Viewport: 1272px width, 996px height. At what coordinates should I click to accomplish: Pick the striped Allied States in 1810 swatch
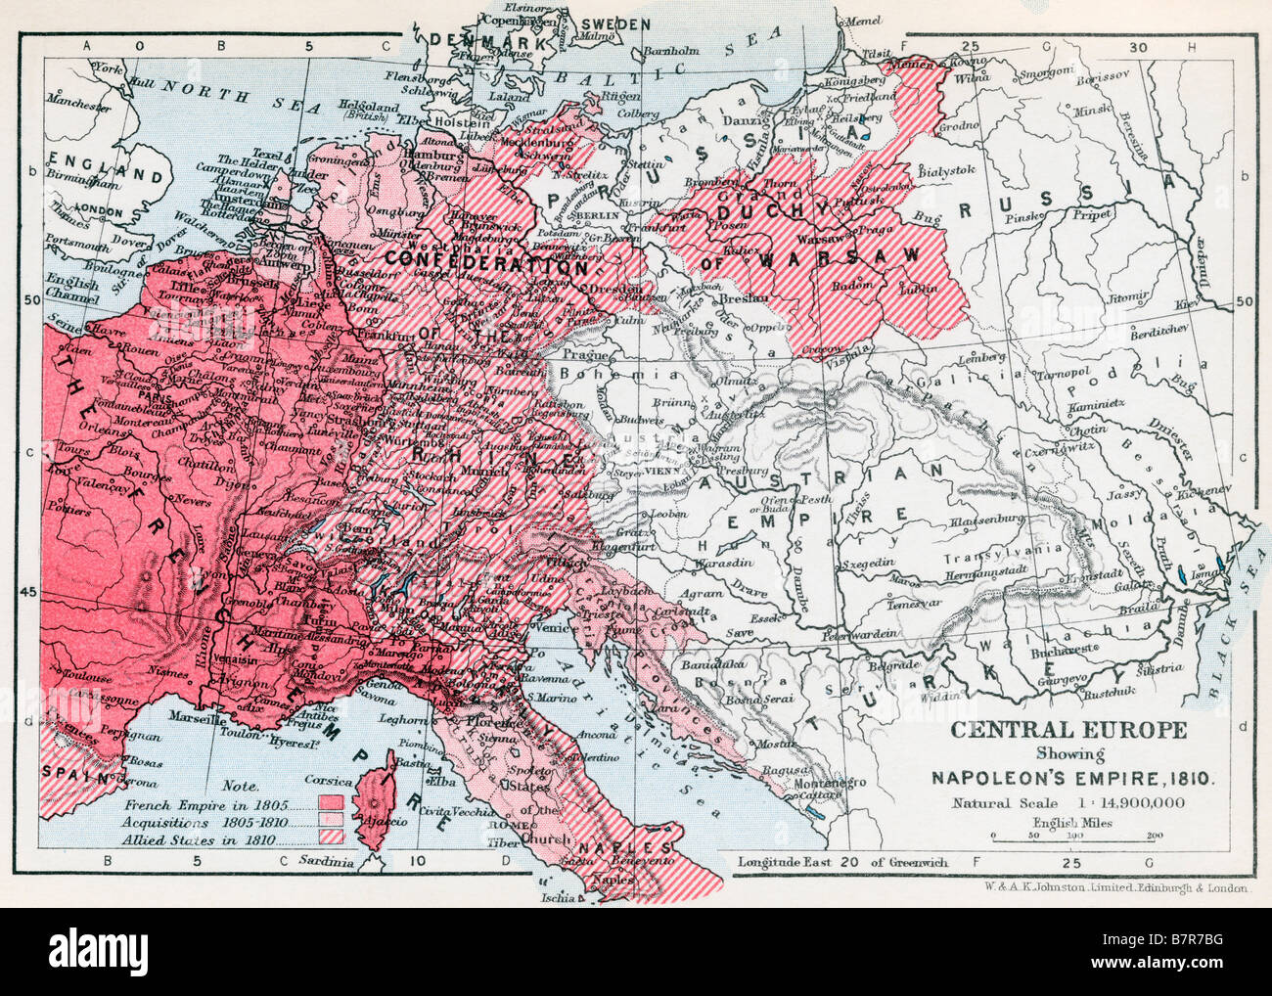329,838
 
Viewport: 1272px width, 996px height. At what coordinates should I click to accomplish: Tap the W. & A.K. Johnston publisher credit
1112,889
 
